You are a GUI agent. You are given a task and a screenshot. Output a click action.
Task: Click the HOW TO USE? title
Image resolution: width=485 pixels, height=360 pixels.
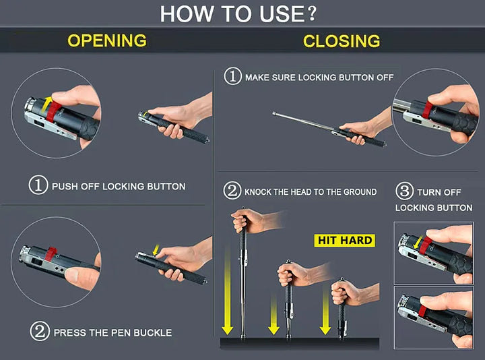pos(238,13)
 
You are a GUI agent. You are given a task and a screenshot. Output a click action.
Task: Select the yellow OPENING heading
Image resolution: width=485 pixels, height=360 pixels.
pos(106,41)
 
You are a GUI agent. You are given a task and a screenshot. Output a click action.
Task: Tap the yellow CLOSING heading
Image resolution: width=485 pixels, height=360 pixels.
pos(342,41)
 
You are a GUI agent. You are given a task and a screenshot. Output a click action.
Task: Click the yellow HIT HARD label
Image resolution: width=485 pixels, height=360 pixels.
pos(344,240)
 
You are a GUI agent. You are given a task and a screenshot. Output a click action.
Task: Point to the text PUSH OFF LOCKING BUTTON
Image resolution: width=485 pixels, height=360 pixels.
pos(119,186)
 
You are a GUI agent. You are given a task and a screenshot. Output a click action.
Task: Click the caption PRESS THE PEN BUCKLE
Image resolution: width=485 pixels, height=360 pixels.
pos(112,332)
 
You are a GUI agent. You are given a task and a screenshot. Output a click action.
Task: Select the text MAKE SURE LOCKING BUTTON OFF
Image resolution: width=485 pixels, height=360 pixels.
pos(319,78)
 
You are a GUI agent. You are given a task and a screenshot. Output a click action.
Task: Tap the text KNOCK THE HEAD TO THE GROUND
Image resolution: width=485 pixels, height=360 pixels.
pos(311,192)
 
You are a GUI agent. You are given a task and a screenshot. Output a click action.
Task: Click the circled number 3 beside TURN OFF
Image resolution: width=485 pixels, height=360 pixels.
pos(403,192)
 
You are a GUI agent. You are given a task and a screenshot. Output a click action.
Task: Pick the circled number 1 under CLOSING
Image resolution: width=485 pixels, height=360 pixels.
pos(232,77)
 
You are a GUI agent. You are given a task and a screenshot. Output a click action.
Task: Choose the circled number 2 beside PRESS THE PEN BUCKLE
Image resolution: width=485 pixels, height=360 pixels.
pos(38,332)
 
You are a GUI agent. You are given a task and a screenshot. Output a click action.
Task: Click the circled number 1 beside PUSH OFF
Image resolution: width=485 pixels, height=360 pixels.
pos(38,185)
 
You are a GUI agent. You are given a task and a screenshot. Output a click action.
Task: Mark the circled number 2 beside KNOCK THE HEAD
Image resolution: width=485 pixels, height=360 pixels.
pos(232,192)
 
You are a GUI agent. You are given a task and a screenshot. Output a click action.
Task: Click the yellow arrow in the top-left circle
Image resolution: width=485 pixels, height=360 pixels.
pos(48,102)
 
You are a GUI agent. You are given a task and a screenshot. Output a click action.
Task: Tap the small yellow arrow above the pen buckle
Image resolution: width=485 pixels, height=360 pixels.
pos(156,251)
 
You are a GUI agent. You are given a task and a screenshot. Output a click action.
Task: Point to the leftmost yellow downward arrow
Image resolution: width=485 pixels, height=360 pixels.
pos(227,297)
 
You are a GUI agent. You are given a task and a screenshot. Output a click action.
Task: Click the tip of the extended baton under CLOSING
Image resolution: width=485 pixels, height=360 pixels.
pos(275,113)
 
